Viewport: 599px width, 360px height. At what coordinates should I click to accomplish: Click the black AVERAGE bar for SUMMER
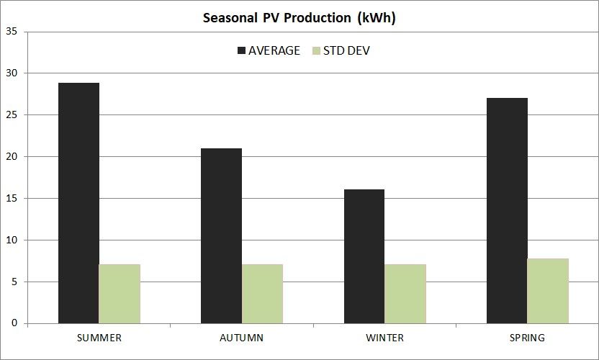[78, 203]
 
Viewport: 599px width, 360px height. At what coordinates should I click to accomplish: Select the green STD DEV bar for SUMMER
[120, 294]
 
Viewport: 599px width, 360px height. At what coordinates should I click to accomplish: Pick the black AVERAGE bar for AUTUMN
[221, 235]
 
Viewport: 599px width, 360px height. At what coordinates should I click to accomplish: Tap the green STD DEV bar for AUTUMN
[262, 294]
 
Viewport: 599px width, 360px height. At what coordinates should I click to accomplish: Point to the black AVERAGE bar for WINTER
[364, 256]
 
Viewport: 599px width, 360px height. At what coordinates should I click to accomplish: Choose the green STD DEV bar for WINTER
[405, 294]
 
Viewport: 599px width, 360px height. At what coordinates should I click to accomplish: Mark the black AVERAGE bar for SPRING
[507, 210]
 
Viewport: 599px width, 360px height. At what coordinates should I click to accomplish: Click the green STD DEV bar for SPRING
[548, 291]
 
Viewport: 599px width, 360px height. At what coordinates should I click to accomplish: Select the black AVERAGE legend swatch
[241, 50]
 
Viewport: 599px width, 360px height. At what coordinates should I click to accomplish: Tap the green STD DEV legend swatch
[317, 50]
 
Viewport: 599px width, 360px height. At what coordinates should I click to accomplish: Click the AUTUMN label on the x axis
[241, 338]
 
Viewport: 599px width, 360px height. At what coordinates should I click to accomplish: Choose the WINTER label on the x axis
[384, 338]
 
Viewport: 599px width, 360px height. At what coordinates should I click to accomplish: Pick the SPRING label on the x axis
[527, 338]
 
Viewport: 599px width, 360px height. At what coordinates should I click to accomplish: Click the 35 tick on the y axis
[12, 32]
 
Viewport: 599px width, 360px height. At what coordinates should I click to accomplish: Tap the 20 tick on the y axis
[12, 157]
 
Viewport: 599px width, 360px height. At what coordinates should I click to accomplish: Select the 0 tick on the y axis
[14, 324]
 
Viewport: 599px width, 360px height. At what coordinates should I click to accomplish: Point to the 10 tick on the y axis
[12, 240]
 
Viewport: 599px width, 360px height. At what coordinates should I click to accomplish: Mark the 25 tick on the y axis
[12, 115]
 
